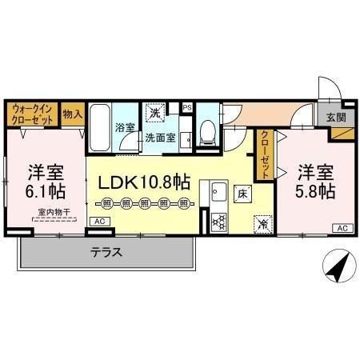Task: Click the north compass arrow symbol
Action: [338, 264]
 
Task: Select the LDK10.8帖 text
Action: [144, 182]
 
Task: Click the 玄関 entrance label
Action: [336, 117]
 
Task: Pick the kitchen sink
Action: [218, 193]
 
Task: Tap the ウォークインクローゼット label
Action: [32, 113]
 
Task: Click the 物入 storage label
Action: [72, 113]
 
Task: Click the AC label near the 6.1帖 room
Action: [99, 221]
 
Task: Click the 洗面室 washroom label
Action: [159, 137]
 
